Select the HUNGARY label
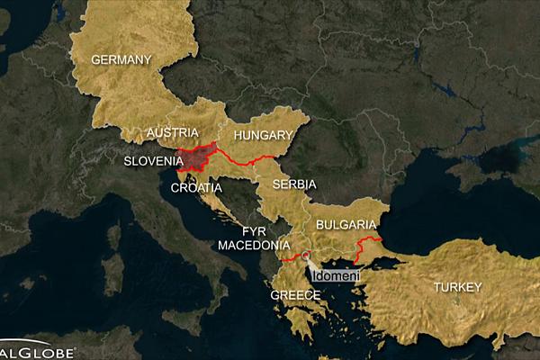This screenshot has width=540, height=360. click(264, 136)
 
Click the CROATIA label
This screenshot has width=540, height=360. click(193, 188)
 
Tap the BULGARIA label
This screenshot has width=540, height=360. click(346, 223)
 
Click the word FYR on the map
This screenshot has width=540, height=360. click(254, 230)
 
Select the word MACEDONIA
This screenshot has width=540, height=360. click(253, 245)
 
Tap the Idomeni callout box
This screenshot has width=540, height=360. click(335, 274)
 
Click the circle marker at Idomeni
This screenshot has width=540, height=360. click(307, 256)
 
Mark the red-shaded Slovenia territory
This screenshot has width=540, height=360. click(200, 157)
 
